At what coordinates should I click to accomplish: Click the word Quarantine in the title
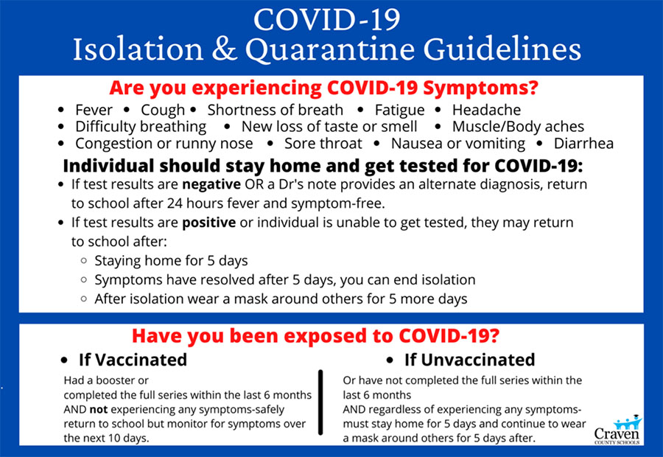[x=330, y=50]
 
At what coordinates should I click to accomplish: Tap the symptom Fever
[x=94, y=110]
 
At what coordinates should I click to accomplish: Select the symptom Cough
[x=163, y=111]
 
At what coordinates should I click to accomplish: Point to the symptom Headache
[x=487, y=110]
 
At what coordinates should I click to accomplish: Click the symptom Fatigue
[x=399, y=111]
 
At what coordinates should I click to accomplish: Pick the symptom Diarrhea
[x=583, y=144]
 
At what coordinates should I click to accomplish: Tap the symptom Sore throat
[x=323, y=144]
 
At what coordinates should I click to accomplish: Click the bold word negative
[x=211, y=185]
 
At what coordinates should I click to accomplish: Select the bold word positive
[x=209, y=223]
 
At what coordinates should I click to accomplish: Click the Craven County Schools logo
[x=617, y=430]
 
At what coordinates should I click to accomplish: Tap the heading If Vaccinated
[x=133, y=360]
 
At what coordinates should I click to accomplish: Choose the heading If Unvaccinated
[x=470, y=360]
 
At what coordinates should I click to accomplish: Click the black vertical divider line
[x=320, y=402]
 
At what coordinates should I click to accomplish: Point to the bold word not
[x=99, y=410]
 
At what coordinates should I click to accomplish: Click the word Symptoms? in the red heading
[x=481, y=88]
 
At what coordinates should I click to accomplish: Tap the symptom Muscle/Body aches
[x=518, y=127]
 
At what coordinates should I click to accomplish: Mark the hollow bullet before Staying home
[x=84, y=261]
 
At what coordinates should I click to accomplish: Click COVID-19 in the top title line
[x=327, y=20]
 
